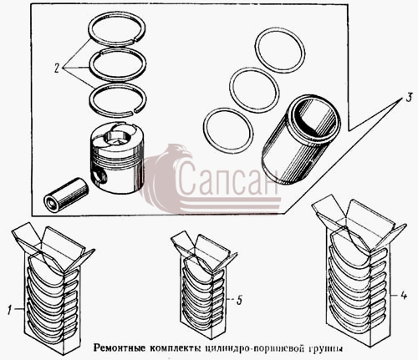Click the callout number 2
[57, 68]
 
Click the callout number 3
[409, 98]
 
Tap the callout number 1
[10, 310]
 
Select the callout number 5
[239, 300]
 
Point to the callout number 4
[403, 296]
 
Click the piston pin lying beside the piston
[66, 195]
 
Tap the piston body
[117, 158]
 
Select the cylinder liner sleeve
[301, 139]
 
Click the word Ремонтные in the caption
[120, 348]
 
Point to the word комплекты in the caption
[176, 348]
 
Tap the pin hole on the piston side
[99, 176]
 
